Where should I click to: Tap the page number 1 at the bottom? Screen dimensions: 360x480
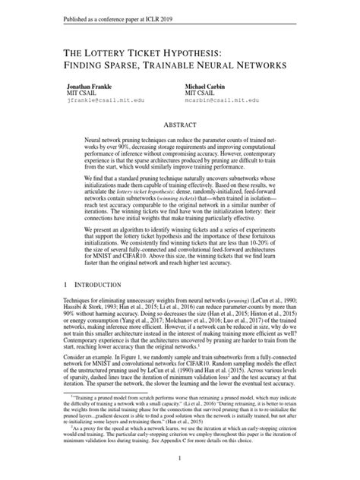click(179, 458)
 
